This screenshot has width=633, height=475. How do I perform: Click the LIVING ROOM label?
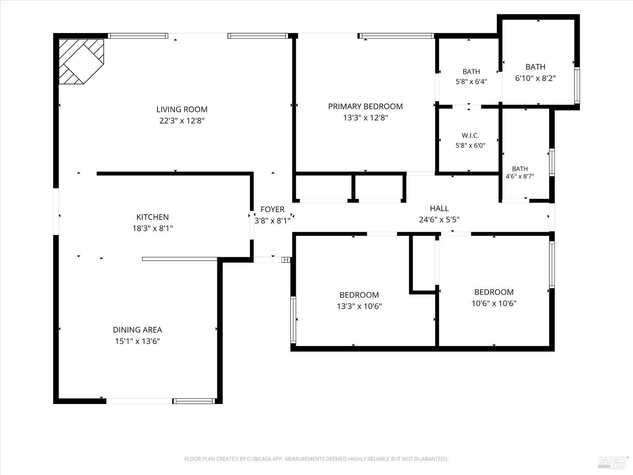[182, 109]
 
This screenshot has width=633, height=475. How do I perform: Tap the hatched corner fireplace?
[81, 61]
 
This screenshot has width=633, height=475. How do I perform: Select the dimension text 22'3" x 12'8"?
[182, 121]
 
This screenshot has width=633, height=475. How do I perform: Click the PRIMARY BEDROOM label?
[365, 106]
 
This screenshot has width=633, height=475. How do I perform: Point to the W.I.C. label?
[470, 135]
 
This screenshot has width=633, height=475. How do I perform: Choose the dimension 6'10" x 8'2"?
[535, 78]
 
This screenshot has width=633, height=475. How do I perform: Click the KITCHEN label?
[153, 217]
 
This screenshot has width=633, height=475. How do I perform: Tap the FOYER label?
[272, 209]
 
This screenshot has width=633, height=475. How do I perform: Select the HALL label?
[439, 208]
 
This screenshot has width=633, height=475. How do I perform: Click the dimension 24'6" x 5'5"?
[439, 220]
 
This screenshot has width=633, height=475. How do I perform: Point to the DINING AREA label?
[137, 330]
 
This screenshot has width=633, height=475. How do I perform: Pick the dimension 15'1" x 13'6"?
[137, 341]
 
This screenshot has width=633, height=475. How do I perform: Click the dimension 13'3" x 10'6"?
[359, 306]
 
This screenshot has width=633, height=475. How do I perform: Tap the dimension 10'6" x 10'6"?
[494, 303]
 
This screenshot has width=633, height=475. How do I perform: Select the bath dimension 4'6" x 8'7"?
[520, 176]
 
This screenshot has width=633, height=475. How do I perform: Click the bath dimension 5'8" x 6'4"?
[471, 81]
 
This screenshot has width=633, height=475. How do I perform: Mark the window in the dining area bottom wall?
[194, 401]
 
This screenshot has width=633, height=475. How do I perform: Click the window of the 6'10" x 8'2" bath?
[577, 85]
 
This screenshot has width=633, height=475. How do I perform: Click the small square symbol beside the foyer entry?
[286, 260]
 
